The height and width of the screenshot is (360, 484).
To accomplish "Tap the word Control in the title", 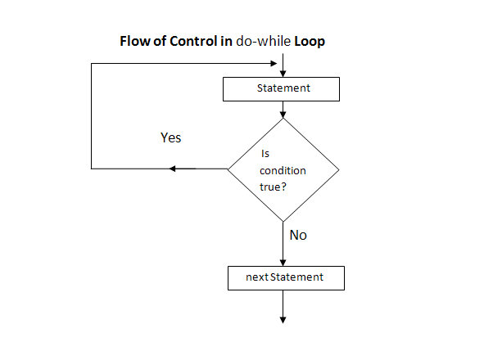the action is (x=193, y=41).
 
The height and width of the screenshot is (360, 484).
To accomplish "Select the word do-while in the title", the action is (x=263, y=41).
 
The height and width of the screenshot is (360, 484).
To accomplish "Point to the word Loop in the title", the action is (x=310, y=42).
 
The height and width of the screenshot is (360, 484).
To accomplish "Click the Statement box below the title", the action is (x=281, y=89).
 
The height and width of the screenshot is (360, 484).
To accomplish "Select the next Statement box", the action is (x=286, y=278).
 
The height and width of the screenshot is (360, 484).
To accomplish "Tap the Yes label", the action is (x=170, y=137).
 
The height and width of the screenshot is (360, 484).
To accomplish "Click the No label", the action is (x=298, y=235).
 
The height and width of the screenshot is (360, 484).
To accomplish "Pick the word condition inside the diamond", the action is (x=283, y=171).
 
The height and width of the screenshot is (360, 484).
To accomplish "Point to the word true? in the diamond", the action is (x=273, y=187).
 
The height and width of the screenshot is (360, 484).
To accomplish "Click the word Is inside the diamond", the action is (x=265, y=153).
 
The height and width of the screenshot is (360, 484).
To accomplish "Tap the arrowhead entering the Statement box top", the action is (x=283, y=74).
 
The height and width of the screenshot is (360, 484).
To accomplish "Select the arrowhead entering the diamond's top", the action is (x=283, y=115).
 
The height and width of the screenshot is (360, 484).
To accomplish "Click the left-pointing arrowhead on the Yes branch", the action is (x=173, y=169).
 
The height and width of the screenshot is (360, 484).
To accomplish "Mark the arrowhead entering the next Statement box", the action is (x=283, y=263).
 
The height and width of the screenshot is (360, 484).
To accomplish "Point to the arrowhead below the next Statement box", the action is (x=283, y=320).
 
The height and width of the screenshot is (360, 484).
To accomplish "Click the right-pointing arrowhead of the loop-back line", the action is (x=274, y=64).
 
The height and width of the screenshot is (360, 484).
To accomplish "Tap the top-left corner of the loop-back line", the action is (x=92, y=64).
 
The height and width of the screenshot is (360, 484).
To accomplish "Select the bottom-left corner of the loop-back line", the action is (x=92, y=169).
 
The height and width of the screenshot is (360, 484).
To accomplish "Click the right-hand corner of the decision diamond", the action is (x=339, y=169).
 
